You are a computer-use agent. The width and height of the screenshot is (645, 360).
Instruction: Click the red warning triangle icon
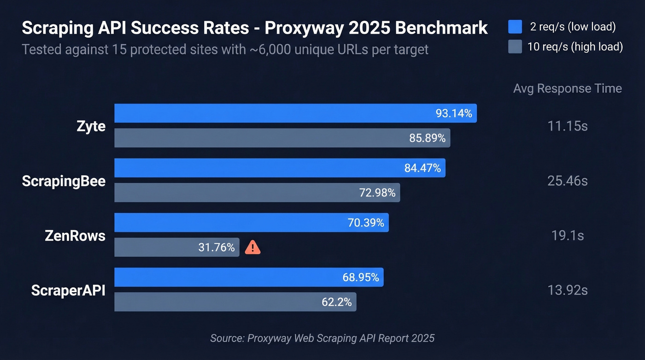[x=252, y=248]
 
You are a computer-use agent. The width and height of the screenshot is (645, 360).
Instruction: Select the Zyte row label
[x=91, y=126]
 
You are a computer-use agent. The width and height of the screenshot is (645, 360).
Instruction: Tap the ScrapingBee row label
[x=64, y=181]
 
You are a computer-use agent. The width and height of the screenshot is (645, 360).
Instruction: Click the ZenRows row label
[x=75, y=236]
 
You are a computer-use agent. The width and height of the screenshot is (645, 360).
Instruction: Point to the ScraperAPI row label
[x=68, y=290]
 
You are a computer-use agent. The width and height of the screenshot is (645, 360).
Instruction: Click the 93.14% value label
[x=454, y=113]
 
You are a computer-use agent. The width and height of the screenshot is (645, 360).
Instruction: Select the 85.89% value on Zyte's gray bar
[x=427, y=138]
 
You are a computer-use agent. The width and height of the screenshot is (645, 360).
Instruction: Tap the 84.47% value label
[x=422, y=168]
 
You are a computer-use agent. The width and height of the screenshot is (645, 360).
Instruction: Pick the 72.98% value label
[x=377, y=193]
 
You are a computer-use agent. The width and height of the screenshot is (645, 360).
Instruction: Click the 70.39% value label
[x=366, y=223]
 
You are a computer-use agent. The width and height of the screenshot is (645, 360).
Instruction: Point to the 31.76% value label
[x=217, y=248]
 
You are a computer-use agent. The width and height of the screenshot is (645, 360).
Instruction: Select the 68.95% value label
[x=361, y=277]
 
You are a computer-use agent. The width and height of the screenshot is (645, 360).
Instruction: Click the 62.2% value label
[x=336, y=302]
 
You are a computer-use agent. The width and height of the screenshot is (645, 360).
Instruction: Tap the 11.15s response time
[x=567, y=126]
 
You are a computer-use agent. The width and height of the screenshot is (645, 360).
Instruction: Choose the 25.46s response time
[x=567, y=181]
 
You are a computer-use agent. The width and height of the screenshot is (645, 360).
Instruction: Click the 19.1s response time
[x=567, y=236]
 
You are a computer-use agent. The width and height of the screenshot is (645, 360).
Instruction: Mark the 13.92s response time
[x=567, y=290]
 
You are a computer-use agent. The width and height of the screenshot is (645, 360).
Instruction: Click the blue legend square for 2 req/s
[x=515, y=27]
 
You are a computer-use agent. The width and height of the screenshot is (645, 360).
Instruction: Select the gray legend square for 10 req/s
[x=515, y=47]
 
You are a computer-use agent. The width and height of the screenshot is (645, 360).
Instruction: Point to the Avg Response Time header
[x=567, y=89]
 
